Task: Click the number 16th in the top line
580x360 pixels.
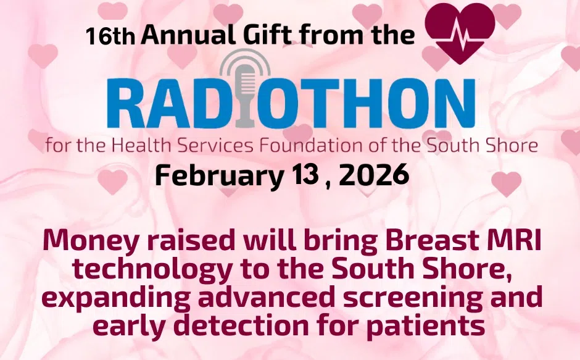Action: (x=110, y=36)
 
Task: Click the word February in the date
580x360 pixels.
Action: (x=218, y=177)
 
